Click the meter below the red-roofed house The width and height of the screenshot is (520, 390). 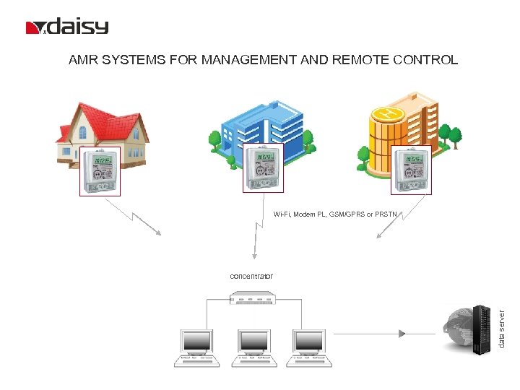point(100,172)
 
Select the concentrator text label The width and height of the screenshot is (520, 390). point(251,276)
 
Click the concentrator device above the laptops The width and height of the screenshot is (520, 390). point(252,298)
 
